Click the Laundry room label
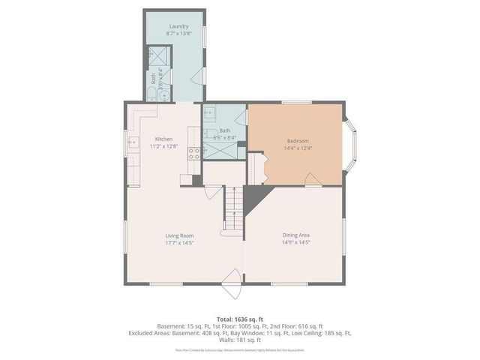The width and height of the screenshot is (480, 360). click(x=178, y=26)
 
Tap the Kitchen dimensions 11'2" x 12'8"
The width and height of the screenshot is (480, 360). click(x=164, y=146)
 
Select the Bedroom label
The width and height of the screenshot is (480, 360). click(x=298, y=141)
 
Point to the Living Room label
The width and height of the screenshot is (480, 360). click(x=179, y=235)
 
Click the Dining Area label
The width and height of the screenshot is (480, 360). click(x=296, y=235)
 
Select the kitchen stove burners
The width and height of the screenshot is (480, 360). click(x=193, y=154)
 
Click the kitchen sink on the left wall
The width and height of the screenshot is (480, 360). click(x=133, y=142)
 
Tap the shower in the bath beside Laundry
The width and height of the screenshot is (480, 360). click(x=158, y=56)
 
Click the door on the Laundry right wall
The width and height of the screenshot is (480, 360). click(x=199, y=74)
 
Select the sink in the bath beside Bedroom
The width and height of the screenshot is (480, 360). click(x=210, y=113)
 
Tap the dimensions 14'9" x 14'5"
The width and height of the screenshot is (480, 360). click(x=296, y=243)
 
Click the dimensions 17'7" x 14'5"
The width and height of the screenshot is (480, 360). click(x=179, y=243)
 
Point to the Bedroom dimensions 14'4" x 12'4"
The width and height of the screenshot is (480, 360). click(x=298, y=148)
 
